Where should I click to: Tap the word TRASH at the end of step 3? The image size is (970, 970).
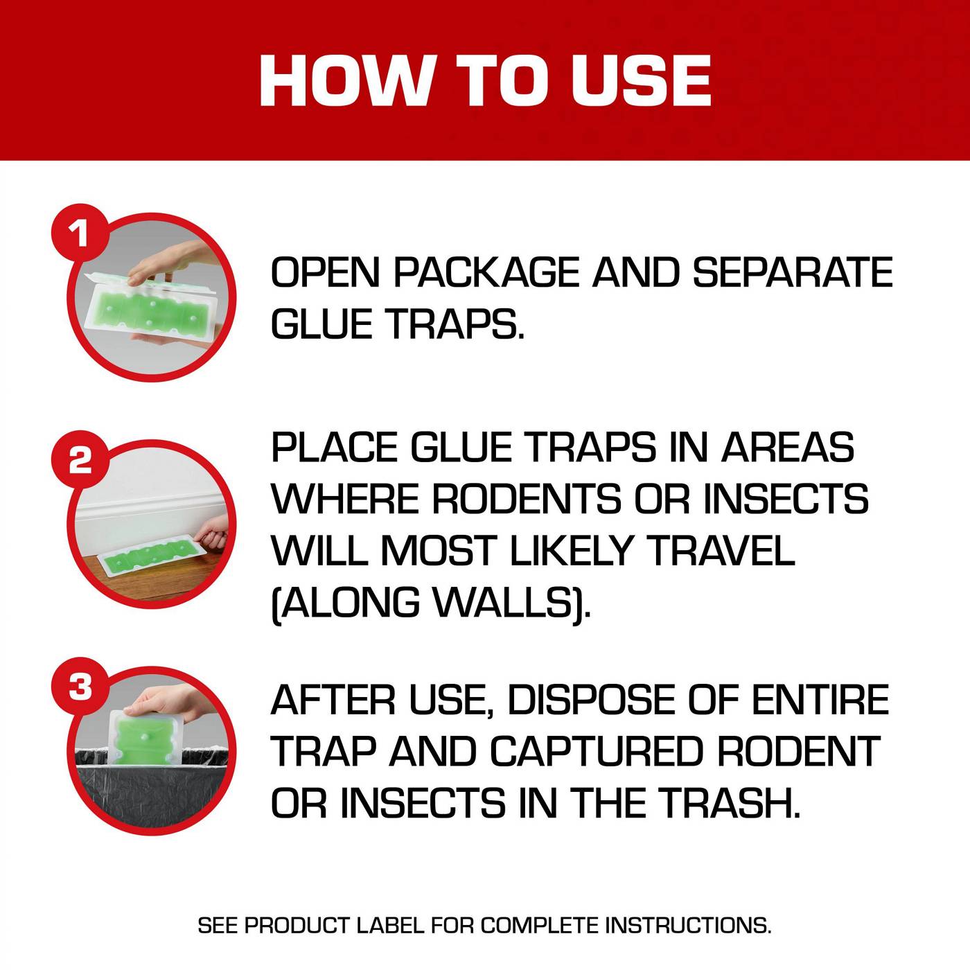point(727,803)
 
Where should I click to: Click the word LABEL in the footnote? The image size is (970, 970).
point(390,925)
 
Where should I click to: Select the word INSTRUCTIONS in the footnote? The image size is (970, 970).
point(687,925)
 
